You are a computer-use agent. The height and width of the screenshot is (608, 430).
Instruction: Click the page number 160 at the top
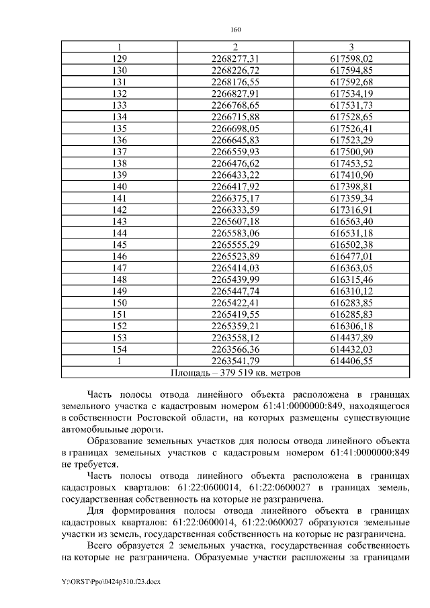[235, 30]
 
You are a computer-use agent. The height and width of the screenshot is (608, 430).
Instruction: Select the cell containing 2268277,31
[235, 59]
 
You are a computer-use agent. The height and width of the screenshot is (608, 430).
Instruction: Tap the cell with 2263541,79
[235, 360]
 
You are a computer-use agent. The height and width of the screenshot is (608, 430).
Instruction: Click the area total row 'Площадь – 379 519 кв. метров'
[235, 372]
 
